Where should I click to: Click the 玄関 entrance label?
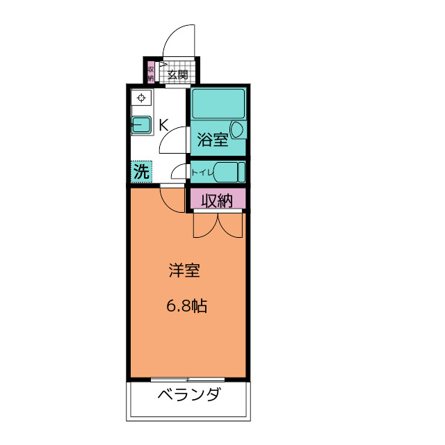[x=177, y=74]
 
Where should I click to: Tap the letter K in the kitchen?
[x=163, y=125]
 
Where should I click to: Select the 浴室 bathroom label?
[x=213, y=140]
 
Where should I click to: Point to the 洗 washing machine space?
[x=141, y=171]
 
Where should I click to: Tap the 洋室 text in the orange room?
[x=184, y=271]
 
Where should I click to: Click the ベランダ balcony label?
[x=188, y=396]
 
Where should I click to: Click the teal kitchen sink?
[x=142, y=125]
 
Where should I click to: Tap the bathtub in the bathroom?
[x=218, y=104]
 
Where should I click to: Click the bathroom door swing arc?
[x=173, y=140]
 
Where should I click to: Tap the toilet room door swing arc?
[x=178, y=171]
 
